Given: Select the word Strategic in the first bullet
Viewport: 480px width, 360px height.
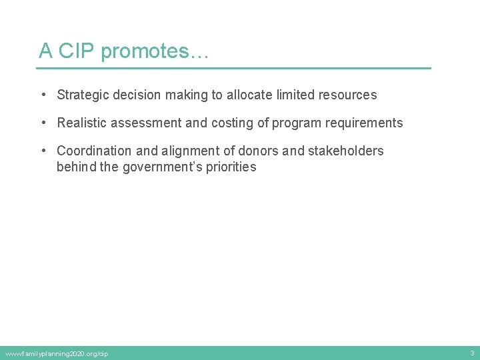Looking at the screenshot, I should pos(83,95).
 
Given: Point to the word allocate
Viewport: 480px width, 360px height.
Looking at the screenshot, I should pos(249,95).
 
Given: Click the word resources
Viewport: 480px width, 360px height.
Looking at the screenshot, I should pos(348,95).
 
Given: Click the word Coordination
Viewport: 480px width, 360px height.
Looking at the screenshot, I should pos(95,151).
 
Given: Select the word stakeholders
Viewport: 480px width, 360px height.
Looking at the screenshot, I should pos(345,151).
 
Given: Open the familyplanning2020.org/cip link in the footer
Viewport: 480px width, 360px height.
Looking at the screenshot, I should pos(57,353).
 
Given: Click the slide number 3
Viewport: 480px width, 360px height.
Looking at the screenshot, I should pos(472,353).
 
